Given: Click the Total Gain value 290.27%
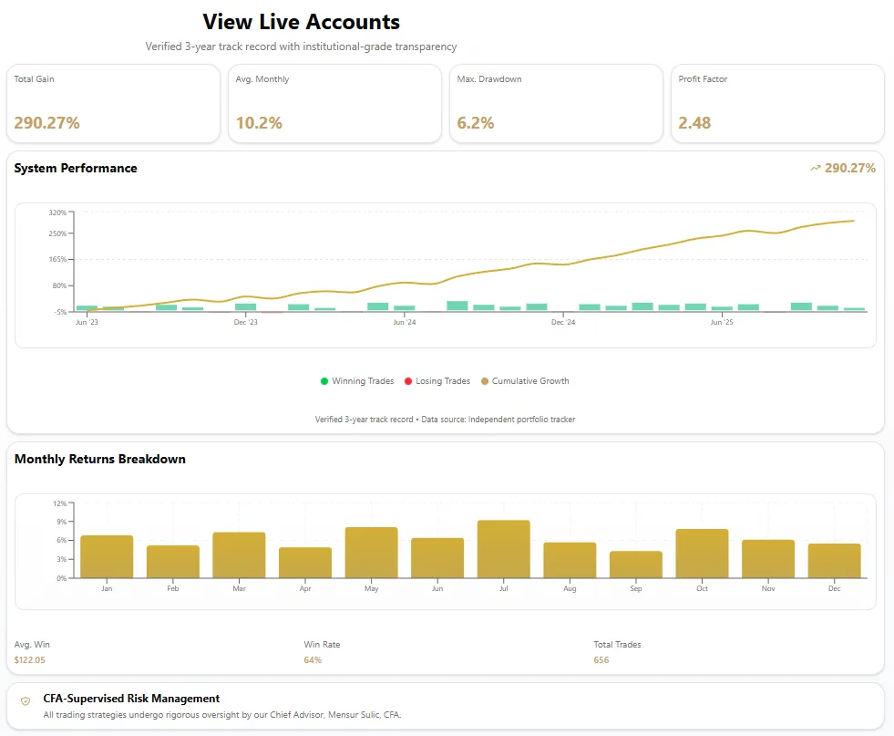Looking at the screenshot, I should pos(47,123).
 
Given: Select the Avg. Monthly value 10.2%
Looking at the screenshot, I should pos(259,123).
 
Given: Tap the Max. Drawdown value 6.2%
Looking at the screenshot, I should pos(476,123).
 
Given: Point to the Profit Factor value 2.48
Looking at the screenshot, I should pos(694,123).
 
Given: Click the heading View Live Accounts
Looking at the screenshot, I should pos(301,22).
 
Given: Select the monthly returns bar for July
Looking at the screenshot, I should pos(503,549).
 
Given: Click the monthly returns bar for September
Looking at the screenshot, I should pos(636,565).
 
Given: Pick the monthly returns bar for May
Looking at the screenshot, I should pos(371,553).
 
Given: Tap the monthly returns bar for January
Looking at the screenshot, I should pos(107,556).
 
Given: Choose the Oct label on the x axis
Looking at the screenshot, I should pos(702,589).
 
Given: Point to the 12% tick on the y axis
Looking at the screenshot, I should pos(60,503).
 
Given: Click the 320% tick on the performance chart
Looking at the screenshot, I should pos(57,213).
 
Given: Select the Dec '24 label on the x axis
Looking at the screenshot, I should pos(563,322).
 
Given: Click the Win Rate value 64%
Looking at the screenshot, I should pos(313,659).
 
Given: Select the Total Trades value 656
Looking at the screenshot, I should pos(601,659).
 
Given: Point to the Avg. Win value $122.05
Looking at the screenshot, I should pos(30,659).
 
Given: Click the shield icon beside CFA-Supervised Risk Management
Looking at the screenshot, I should pos(26,700).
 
